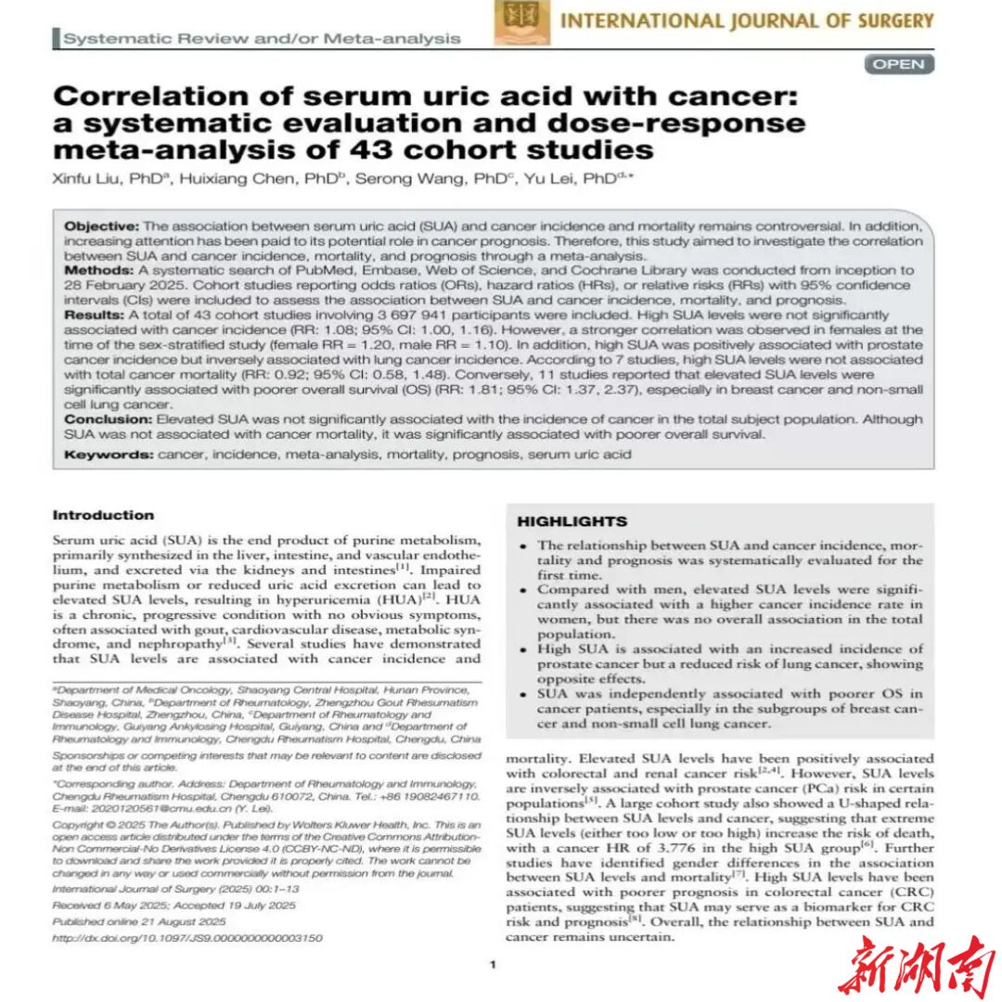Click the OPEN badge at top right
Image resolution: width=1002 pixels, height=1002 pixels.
[899, 64]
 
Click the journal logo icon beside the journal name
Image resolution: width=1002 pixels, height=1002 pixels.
[521, 21]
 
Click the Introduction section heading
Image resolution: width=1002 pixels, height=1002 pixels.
[103, 516]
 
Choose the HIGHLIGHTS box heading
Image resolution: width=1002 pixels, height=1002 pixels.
[572, 521]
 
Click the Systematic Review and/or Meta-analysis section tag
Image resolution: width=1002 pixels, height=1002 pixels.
[262, 38]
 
